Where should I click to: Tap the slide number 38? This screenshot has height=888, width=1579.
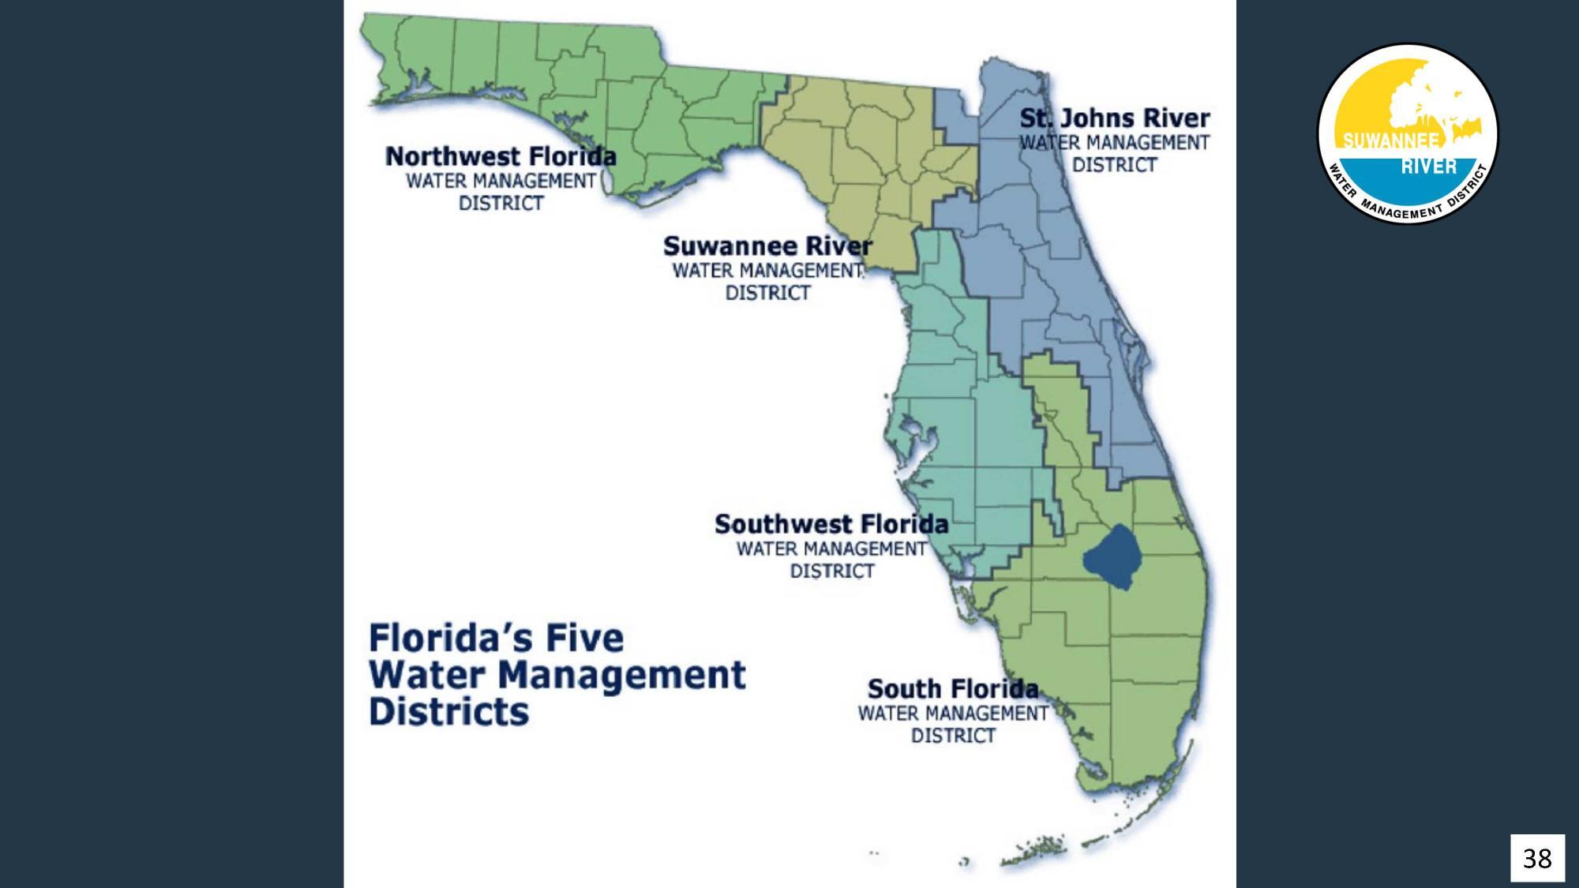tap(1536, 858)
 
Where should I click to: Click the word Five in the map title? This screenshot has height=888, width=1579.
tap(585, 638)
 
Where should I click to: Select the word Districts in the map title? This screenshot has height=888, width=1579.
tap(448, 712)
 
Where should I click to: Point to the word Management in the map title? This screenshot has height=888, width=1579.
tap(622, 675)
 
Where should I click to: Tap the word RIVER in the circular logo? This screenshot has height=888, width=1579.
tap(1429, 167)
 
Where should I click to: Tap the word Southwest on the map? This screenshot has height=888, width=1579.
tap(782, 524)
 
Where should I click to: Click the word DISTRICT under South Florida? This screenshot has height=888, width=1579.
tap(953, 736)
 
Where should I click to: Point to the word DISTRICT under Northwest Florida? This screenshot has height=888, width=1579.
tap(501, 203)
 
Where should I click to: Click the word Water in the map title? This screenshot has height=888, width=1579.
tap(427, 675)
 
